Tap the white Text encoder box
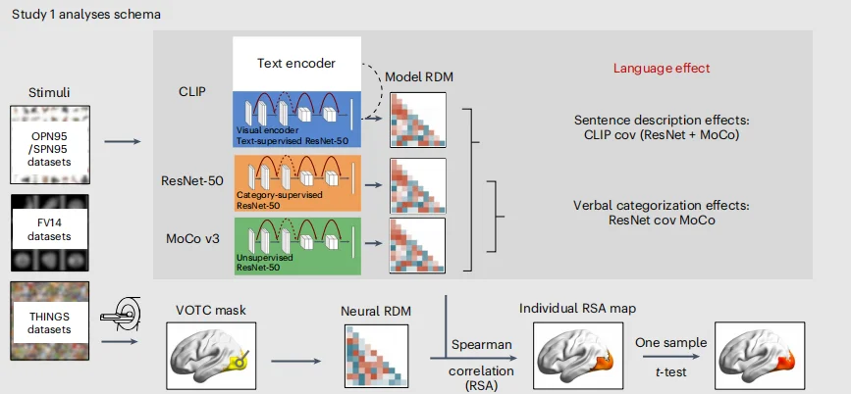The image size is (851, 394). (296, 64)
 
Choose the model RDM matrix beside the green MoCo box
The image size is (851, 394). (418, 246)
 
